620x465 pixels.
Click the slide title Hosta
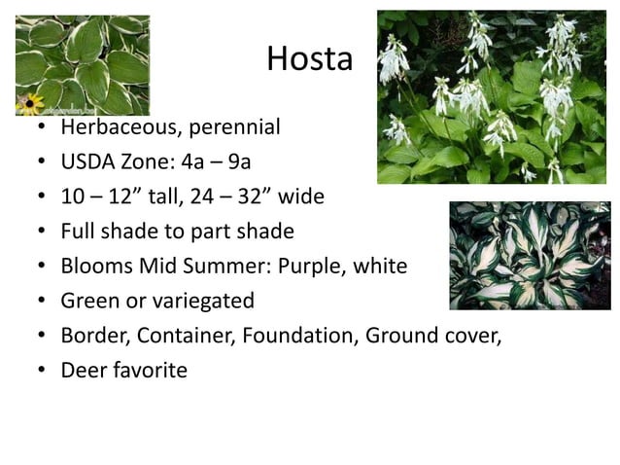(309, 60)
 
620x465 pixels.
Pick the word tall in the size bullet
(177, 197)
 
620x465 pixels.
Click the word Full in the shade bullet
(80, 232)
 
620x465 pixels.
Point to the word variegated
(199, 302)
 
